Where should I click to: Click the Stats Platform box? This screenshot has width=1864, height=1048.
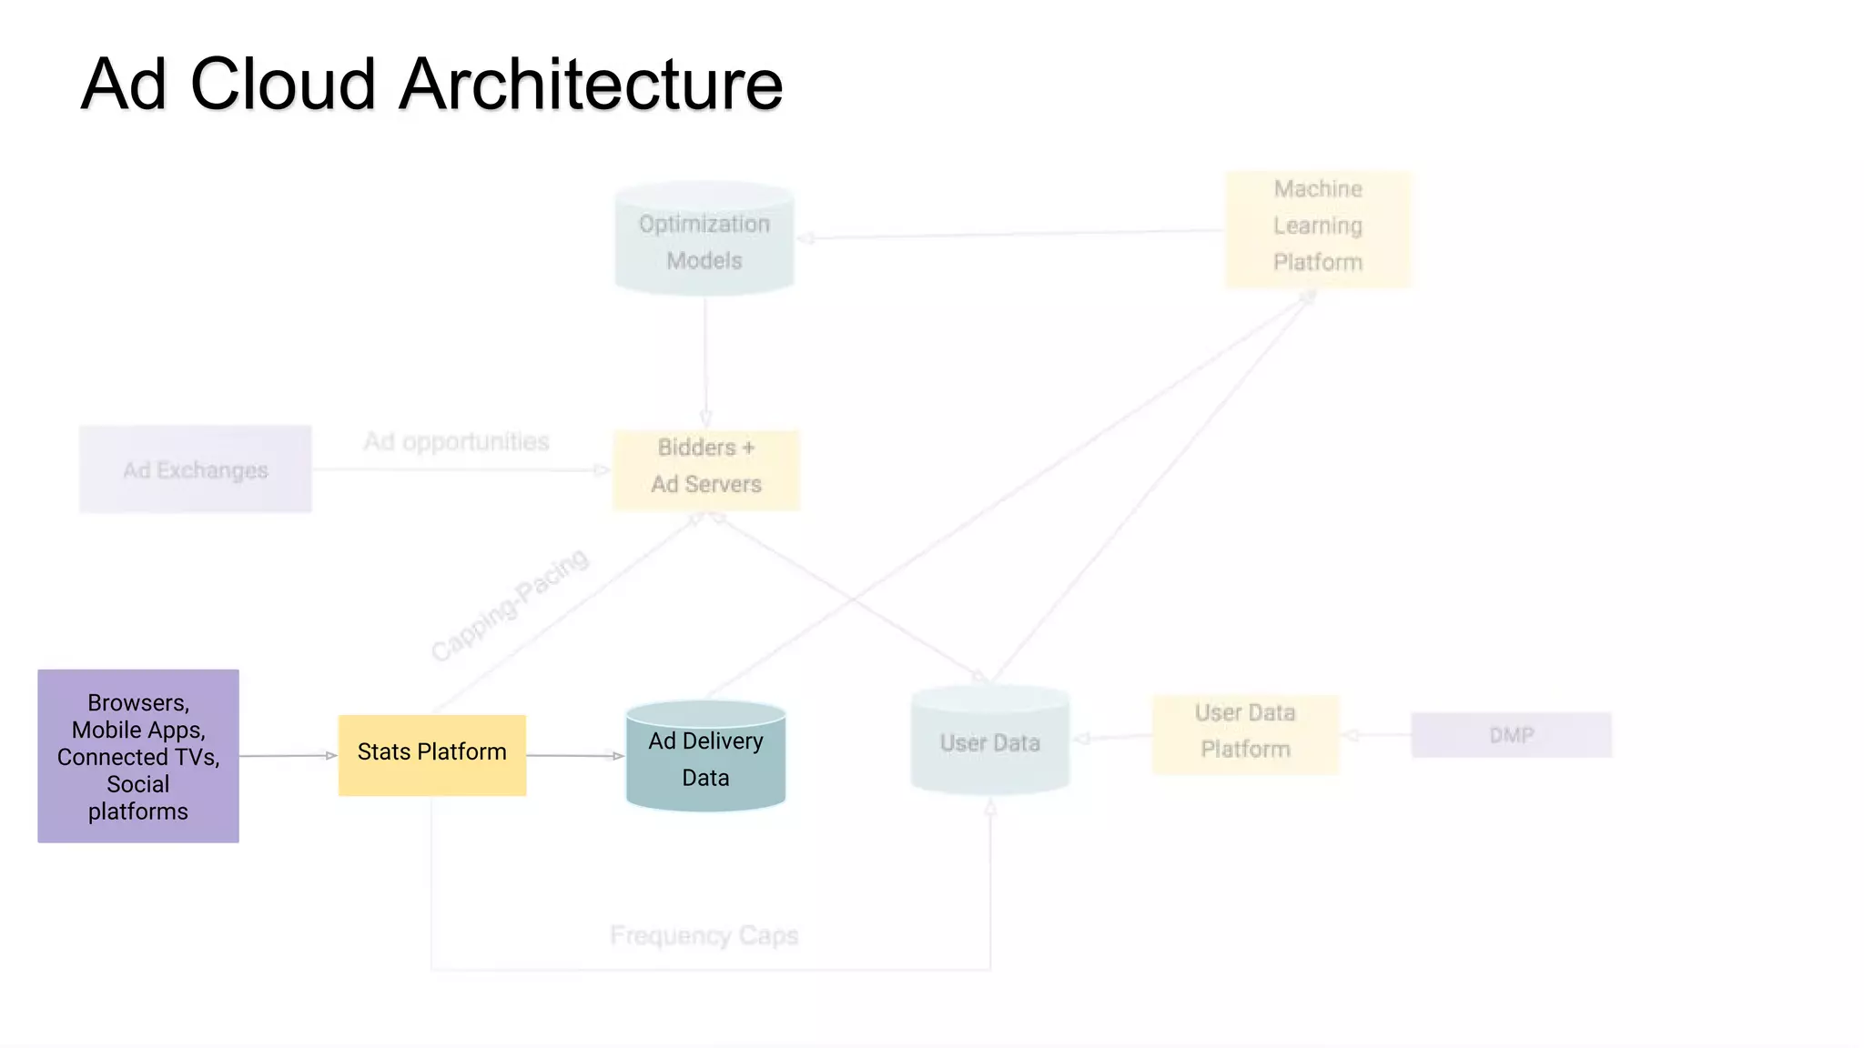click(x=431, y=754)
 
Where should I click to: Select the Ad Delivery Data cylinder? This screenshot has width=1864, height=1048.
click(x=705, y=759)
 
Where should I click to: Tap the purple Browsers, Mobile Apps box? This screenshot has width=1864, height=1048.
click(x=137, y=756)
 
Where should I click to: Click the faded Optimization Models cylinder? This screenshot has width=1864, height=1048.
click(x=704, y=241)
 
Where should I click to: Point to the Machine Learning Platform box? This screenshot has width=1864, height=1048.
click(x=1318, y=227)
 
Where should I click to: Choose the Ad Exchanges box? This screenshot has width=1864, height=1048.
click(x=195, y=469)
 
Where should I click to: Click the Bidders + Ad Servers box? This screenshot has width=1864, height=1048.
click(x=705, y=469)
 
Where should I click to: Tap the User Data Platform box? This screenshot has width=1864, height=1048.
click(x=1244, y=732)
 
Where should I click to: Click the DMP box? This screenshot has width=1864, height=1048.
click(x=1511, y=735)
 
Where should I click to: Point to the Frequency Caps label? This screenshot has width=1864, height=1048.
click(x=704, y=935)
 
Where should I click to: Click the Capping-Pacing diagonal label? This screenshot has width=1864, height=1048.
click(x=510, y=604)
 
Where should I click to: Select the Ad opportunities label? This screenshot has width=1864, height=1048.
click(x=456, y=442)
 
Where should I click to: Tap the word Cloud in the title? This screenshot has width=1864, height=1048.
click(x=282, y=85)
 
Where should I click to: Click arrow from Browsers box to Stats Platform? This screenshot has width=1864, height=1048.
click(x=288, y=755)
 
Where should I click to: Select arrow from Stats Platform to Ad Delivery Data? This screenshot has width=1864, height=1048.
click(x=575, y=755)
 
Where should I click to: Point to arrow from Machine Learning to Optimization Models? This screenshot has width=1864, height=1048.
click(x=1010, y=234)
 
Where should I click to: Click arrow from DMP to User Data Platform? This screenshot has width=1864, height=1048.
click(x=1376, y=735)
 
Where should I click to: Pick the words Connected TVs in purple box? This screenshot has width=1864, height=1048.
click(x=137, y=757)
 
